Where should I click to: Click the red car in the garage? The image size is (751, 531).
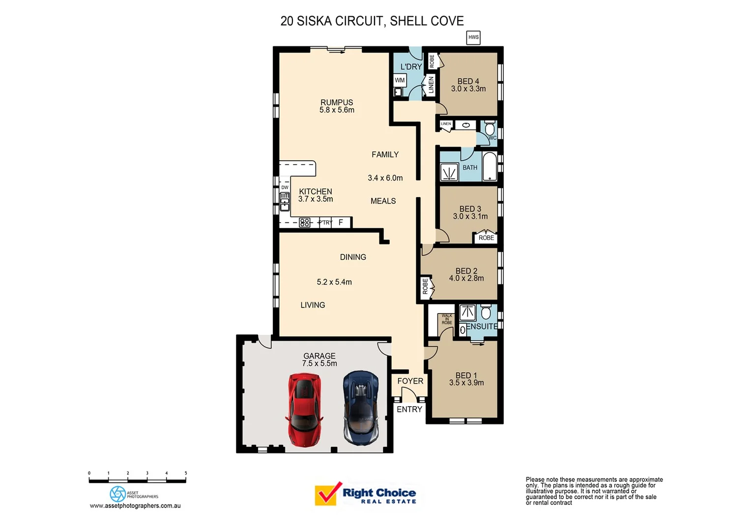(x=304, y=410)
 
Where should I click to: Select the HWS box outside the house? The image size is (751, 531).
(x=473, y=37)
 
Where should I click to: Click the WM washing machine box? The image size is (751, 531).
(x=400, y=80)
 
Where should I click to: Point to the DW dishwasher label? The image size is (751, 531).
(x=285, y=187)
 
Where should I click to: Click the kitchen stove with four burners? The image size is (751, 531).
(x=305, y=223)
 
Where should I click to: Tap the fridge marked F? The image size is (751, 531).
(x=341, y=223)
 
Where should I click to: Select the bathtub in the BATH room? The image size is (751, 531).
(x=490, y=167)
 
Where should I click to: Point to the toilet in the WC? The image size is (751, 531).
(x=490, y=129)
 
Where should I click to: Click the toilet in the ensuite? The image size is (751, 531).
(x=486, y=312)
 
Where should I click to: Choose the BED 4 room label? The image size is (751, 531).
(x=468, y=81)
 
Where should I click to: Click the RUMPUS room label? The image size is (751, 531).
(x=337, y=102)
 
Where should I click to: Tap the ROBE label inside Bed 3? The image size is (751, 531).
(x=486, y=238)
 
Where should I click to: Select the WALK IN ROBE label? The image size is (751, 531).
(x=447, y=319)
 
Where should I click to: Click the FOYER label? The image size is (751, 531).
(x=410, y=381)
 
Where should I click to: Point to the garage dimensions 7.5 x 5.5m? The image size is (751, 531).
(x=319, y=363)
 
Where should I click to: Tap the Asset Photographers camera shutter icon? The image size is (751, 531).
(x=118, y=494)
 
